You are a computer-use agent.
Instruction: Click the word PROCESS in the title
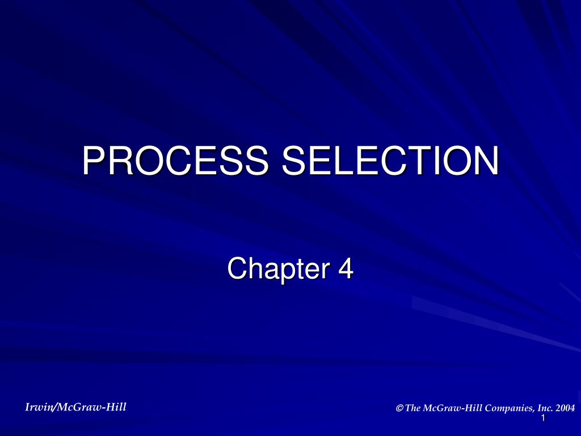point(175,161)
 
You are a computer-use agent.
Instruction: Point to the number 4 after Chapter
point(346,269)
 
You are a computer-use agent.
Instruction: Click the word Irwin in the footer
point(38,406)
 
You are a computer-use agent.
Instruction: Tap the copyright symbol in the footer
point(400,408)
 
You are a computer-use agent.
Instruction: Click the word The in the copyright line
point(414,408)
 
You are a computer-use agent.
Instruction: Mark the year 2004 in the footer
point(565,408)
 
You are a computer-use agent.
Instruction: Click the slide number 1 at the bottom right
point(543,418)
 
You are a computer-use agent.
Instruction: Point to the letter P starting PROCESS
point(93,161)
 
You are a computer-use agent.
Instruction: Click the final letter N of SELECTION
point(486,161)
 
